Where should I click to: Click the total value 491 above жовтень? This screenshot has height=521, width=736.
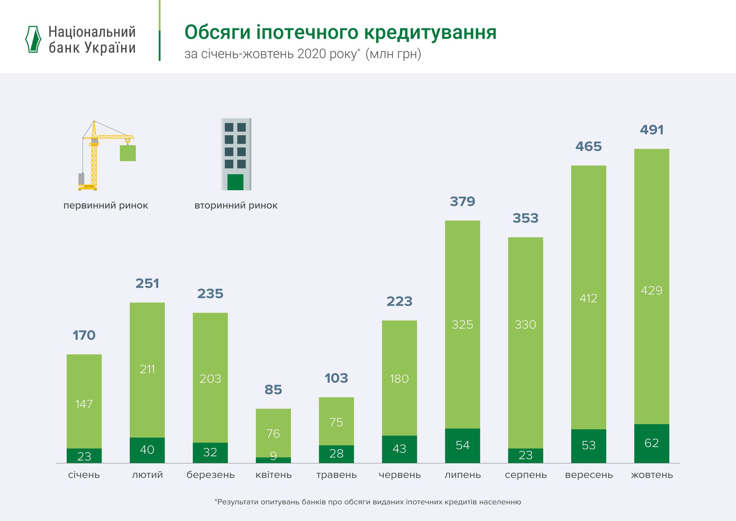pos(652,130)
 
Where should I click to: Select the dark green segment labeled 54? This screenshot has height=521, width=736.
pos(462,445)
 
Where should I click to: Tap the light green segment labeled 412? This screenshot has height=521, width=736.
pos(588,298)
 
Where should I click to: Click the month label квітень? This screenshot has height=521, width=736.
pos(273,475)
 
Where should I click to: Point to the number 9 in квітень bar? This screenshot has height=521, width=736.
pos(273,456)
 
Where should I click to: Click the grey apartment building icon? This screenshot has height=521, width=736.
pos(236,154)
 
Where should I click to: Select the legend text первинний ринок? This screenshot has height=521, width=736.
pos(106,206)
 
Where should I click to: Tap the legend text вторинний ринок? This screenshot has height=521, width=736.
pos(236,206)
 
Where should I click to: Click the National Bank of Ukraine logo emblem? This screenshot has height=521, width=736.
pos(33,39)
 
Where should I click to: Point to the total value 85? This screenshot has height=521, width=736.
pos(273,390)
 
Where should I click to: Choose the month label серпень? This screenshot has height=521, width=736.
pos(525,475)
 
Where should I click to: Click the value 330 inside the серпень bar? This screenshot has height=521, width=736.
pos(525,325)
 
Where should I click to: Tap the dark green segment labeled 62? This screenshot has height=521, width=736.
pos(651,443)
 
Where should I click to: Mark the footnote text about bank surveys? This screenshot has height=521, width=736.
pos(368,502)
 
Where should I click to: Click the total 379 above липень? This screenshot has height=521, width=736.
pos(462,202)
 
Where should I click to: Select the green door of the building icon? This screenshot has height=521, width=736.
pos(235,182)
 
